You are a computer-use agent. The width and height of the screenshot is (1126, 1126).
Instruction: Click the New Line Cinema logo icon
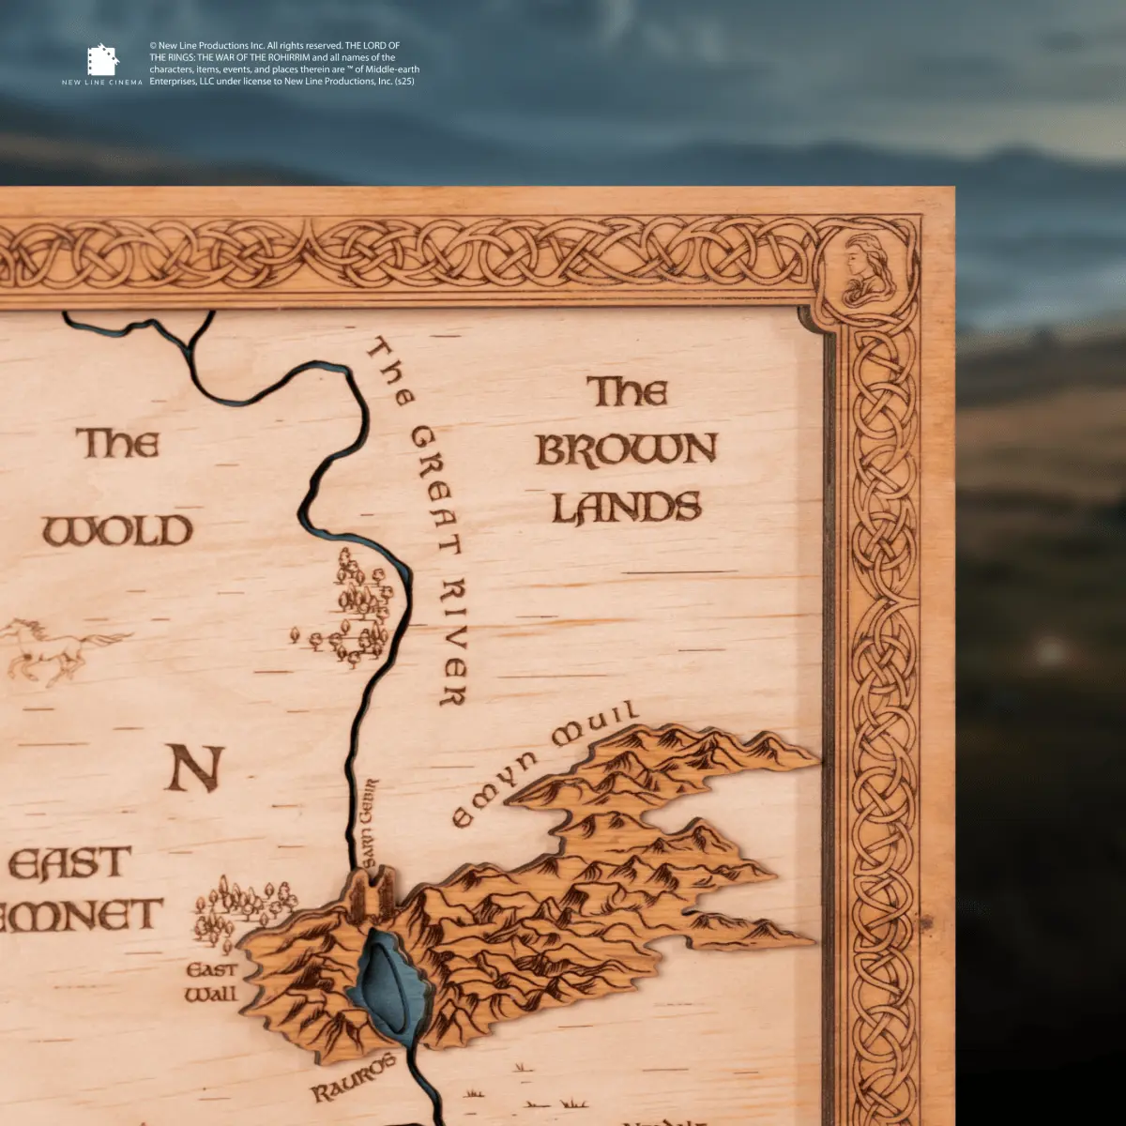[x=102, y=59]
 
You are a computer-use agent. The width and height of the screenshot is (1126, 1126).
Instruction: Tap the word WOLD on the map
[x=117, y=531]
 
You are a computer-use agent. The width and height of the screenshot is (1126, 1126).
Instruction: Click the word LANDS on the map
[x=626, y=508]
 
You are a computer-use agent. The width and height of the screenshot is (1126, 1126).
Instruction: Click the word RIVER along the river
[x=455, y=643]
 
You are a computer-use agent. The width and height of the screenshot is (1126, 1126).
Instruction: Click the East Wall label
[x=211, y=981]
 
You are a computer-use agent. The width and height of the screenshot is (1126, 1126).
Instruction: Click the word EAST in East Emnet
[x=70, y=864]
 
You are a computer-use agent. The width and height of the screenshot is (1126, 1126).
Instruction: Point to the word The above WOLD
[x=117, y=443]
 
